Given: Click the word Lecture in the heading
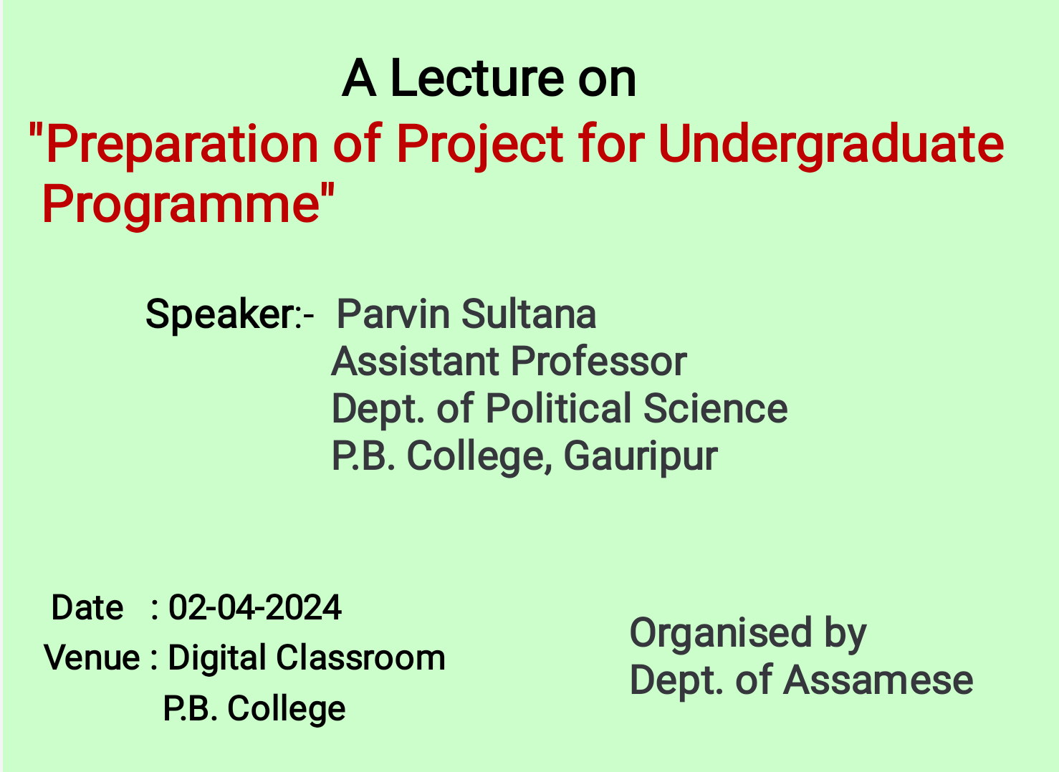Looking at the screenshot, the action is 477,78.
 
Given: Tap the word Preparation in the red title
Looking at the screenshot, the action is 182,143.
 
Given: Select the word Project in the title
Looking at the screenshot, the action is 479,144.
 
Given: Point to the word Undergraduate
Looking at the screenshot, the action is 830,144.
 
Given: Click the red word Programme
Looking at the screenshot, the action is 181,205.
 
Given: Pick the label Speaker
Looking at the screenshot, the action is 220,314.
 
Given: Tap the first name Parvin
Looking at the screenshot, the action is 393,314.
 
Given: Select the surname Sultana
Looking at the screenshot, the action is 529,314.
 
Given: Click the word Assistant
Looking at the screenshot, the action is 415,362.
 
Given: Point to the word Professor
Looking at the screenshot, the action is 598,362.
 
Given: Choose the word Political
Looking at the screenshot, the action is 558,408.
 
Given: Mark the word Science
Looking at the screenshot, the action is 715,409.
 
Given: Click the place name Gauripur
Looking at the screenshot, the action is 641,458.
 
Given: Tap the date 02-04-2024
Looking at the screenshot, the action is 255,607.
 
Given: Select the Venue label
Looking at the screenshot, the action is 92,657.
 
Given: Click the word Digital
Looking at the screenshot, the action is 216,659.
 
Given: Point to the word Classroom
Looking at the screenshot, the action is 360,657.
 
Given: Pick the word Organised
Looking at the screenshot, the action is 721,634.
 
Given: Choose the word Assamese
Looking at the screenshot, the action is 878,681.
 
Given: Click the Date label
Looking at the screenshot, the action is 87,607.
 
